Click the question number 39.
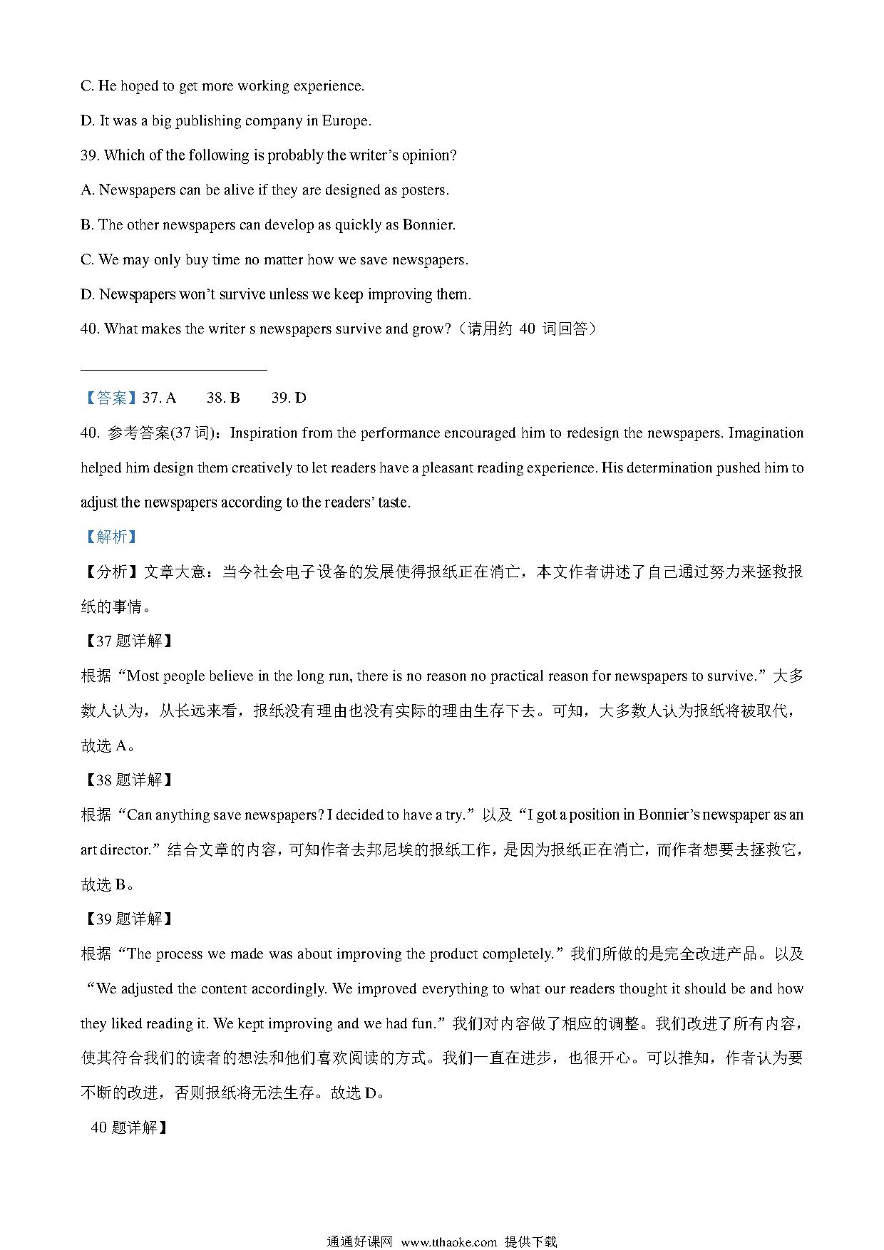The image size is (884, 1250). pyautogui.click(x=90, y=155)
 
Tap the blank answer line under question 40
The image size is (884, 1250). pyautogui.click(x=174, y=369)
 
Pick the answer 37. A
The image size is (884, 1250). pyautogui.click(x=160, y=398)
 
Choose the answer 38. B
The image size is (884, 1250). pyautogui.click(x=223, y=398)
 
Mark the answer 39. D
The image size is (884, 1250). pyautogui.click(x=289, y=398)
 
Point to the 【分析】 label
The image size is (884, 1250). pyautogui.click(x=110, y=572)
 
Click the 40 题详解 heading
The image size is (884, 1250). pyautogui.click(x=128, y=1127)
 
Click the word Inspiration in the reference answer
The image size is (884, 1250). pyautogui.click(x=264, y=433)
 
